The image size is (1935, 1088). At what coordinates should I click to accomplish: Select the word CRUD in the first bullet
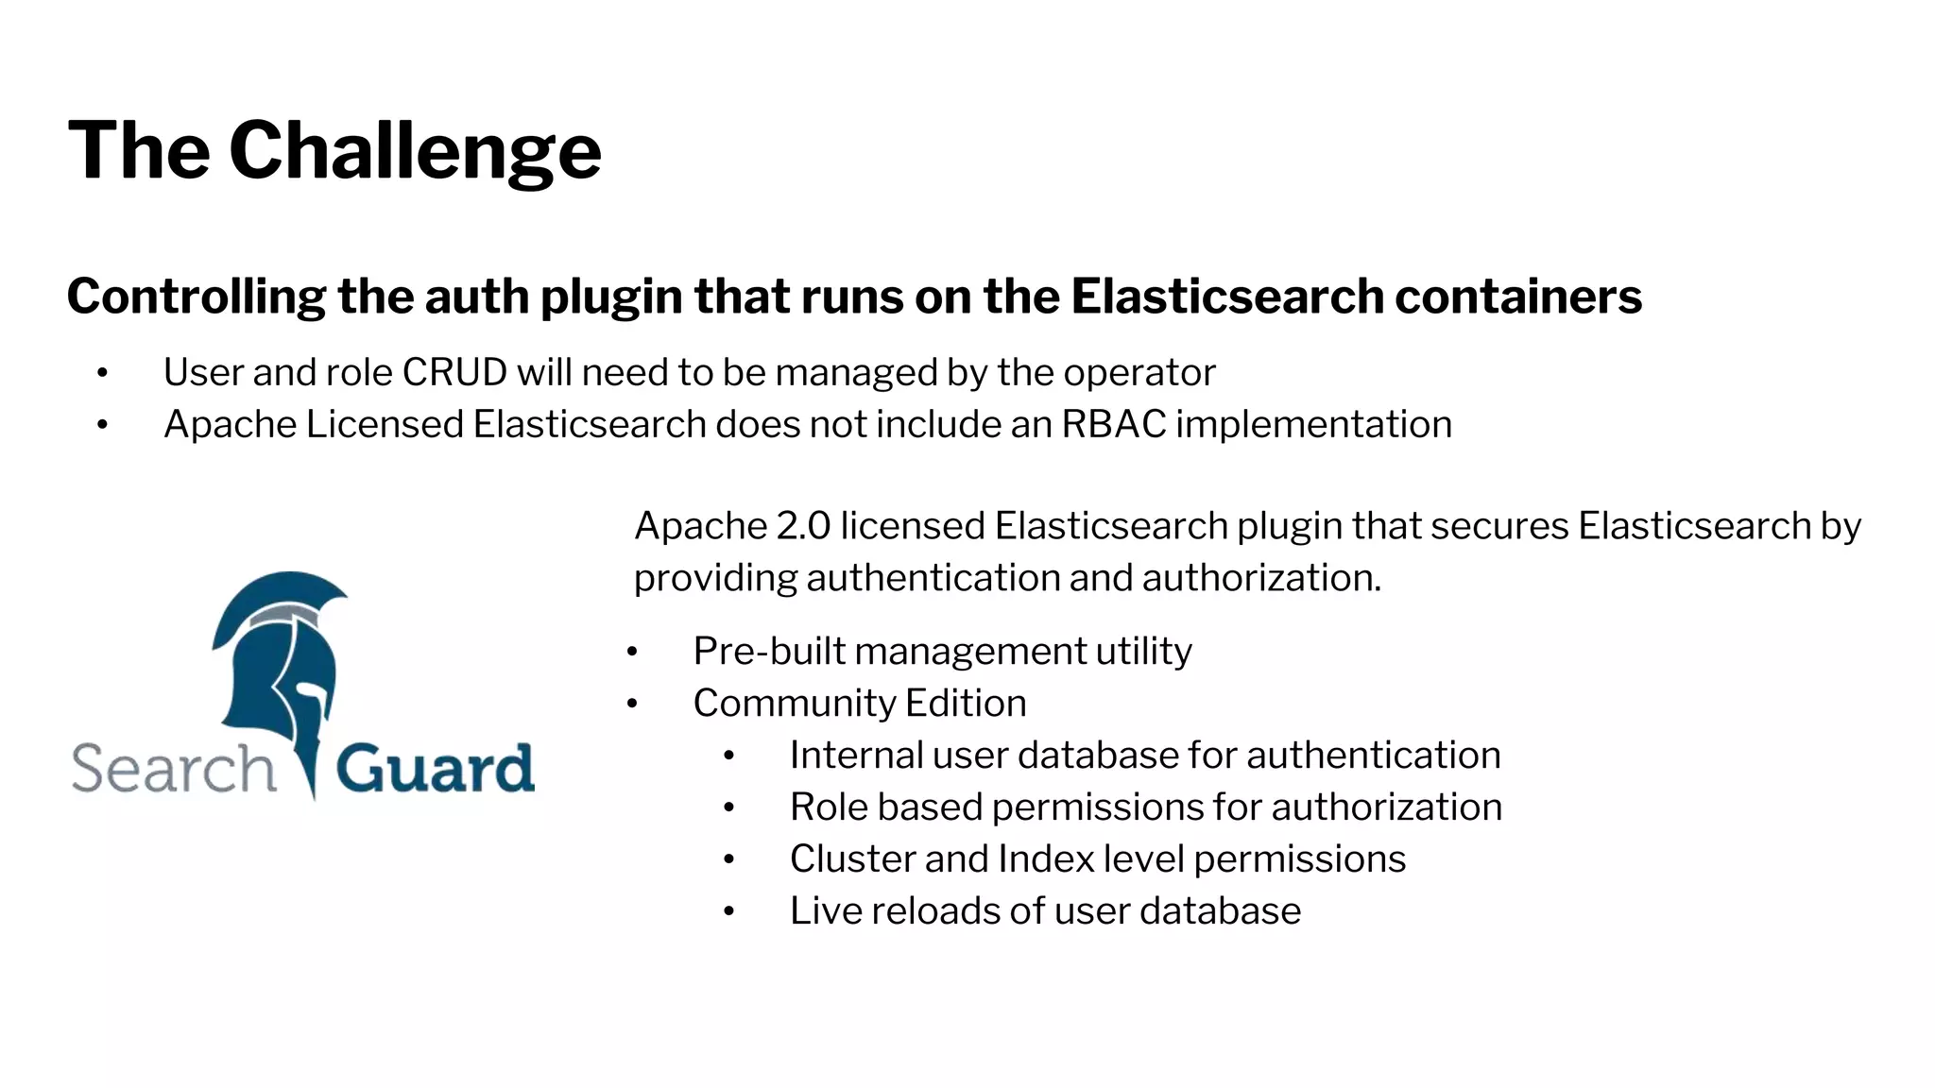pos(454,373)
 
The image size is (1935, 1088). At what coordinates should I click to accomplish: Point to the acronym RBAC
pos(1113,425)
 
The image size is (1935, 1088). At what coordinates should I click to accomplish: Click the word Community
pos(793,704)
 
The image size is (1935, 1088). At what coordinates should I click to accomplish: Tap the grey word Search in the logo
pos(173,769)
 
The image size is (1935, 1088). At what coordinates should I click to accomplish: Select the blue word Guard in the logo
pos(435,769)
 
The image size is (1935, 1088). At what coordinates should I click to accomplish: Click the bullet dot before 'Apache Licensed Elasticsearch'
pos(102,426)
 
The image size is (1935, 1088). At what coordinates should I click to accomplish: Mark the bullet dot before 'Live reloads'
pos(728,912)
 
